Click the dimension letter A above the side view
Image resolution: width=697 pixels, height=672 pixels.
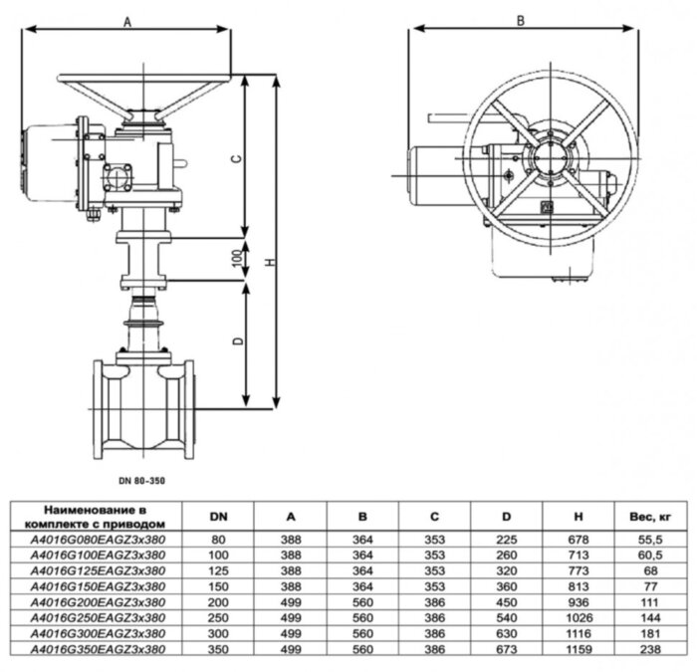tap(126, 19)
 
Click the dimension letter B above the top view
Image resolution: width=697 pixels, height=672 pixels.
tap(521, 19)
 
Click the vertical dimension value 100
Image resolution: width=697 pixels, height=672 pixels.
tap(236, 258)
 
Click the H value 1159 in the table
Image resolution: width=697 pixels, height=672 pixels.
tap(580, 650)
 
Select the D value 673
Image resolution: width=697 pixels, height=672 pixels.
tap(507, 650)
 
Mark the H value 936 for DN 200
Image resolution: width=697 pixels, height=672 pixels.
tap(580, 602)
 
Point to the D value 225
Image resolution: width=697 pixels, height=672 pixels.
tap(507, 539)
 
